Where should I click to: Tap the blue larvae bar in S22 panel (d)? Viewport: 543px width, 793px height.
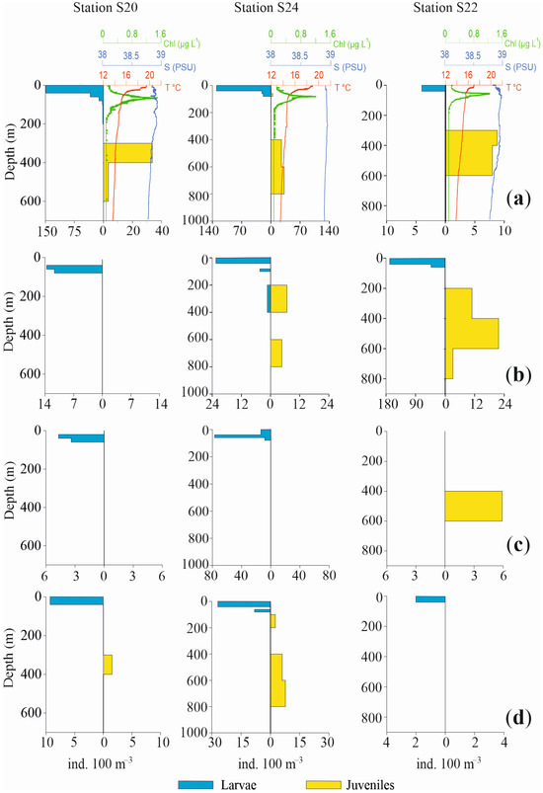[429, 598]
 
